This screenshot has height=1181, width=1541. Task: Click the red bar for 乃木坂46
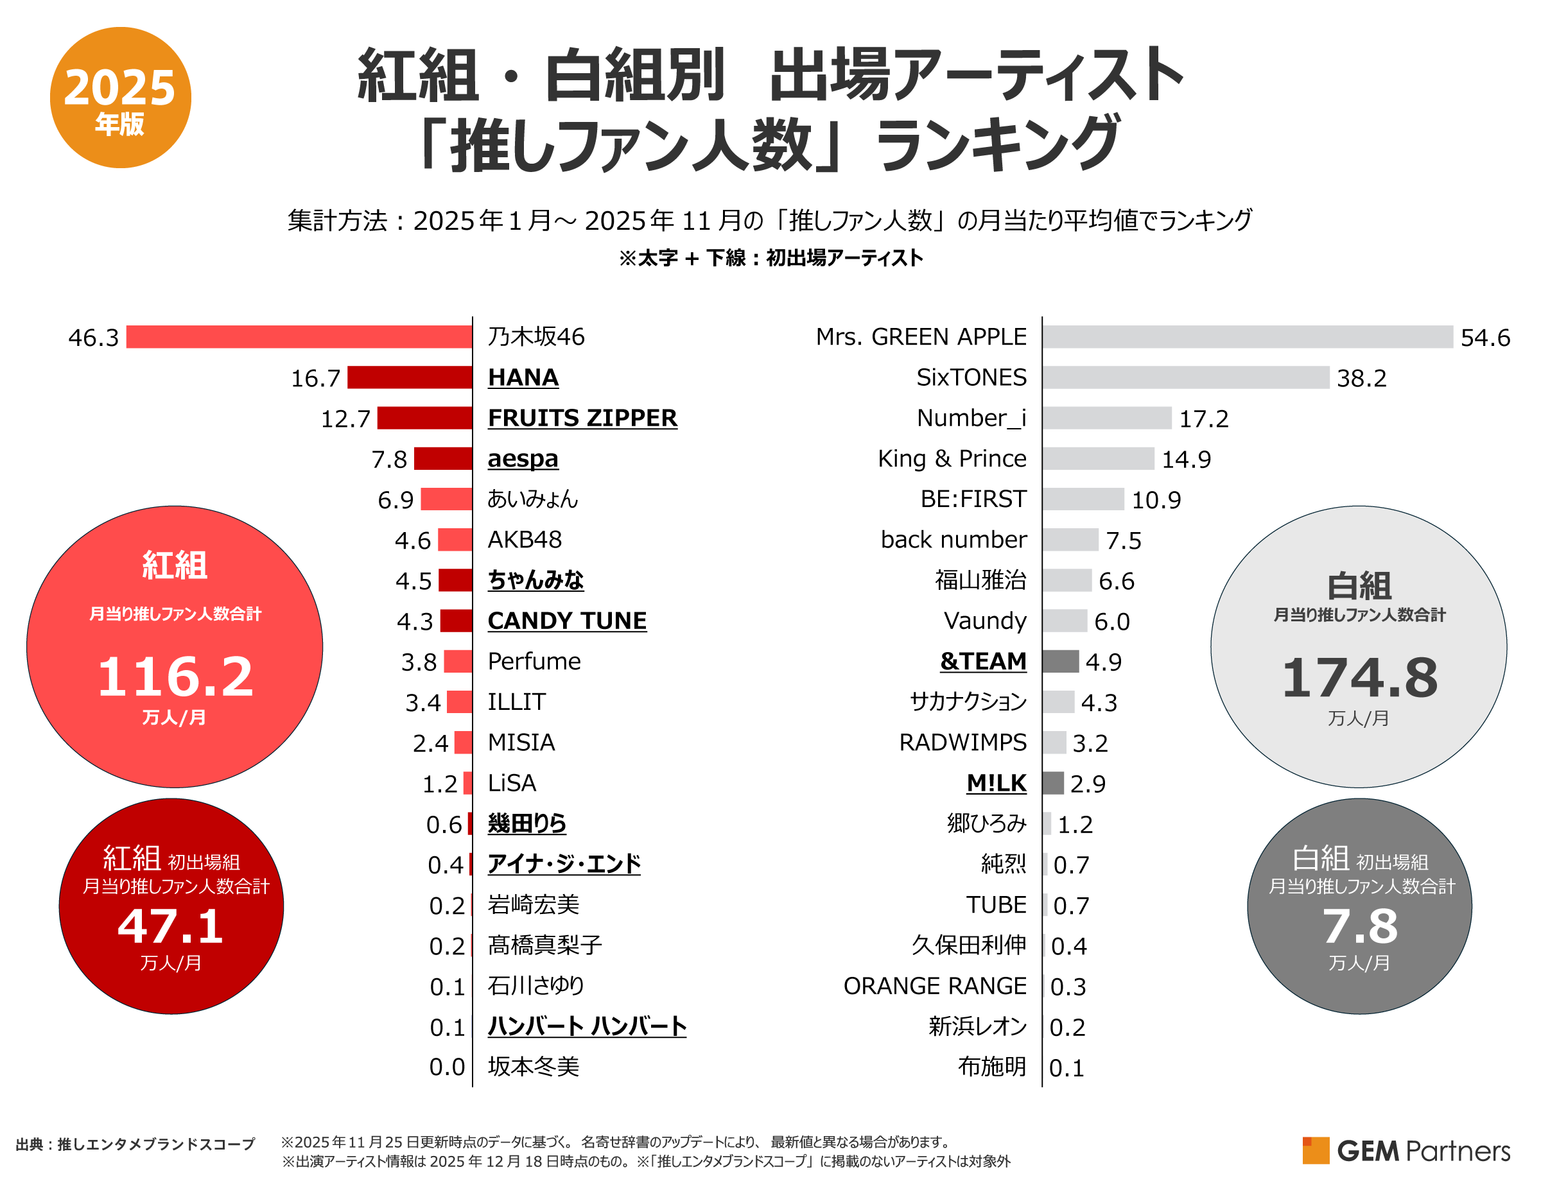(299, 337)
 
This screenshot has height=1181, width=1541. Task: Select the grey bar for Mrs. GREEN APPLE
(1246, 337)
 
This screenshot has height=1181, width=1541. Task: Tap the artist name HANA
(523, 377)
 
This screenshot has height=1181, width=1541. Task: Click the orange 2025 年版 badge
(120, 98)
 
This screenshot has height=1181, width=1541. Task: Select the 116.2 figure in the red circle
(175, 677)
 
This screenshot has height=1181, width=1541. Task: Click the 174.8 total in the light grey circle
(1359, 678)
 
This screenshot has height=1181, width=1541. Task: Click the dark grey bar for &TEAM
(1060, 662)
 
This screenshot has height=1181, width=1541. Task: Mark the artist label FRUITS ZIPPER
(582, 418)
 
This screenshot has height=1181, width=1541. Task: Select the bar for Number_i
(1106, 418)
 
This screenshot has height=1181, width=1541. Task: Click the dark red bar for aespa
(442, 458)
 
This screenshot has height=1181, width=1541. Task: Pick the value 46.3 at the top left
(94, 338)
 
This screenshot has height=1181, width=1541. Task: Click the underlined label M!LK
(995, 783)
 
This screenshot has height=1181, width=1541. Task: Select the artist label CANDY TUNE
(567, 621)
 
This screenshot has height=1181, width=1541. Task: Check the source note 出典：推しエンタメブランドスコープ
(135, 1144)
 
